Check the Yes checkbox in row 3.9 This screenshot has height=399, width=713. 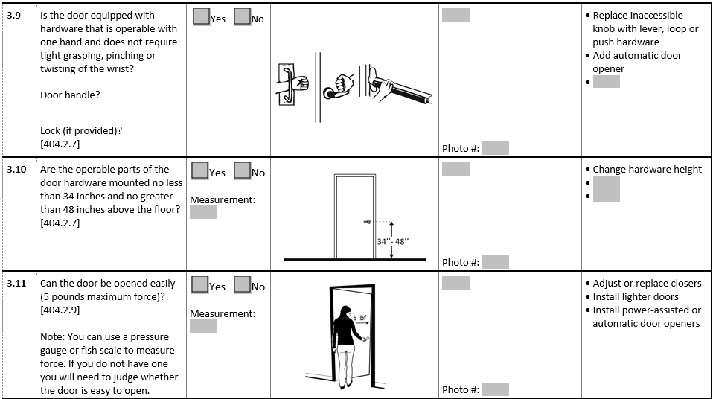[201, 17]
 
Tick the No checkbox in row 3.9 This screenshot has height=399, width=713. [243, 17]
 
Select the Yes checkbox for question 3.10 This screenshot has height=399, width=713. [200, 170]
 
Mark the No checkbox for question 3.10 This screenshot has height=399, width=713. [243, 170]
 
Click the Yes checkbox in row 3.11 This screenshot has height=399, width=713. [200, 284]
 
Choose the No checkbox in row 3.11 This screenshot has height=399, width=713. [243, 284]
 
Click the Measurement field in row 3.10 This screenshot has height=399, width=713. [203, 212]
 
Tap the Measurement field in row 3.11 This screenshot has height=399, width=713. [203, 326]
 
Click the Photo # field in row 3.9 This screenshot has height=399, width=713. [496, 148]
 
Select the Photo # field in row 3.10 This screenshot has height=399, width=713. [496, 262]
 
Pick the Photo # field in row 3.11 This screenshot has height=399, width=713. [496, 389]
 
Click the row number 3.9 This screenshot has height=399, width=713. [13, 16]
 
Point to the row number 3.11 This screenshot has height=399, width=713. [16, 284]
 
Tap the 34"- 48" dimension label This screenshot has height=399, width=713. [392, 242]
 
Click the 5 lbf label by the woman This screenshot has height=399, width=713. [359, 318]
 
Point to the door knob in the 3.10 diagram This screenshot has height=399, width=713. [368, 222]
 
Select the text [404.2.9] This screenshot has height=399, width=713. [60, 310]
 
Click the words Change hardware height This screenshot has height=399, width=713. [647, 170]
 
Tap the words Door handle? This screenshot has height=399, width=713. [70, 95]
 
